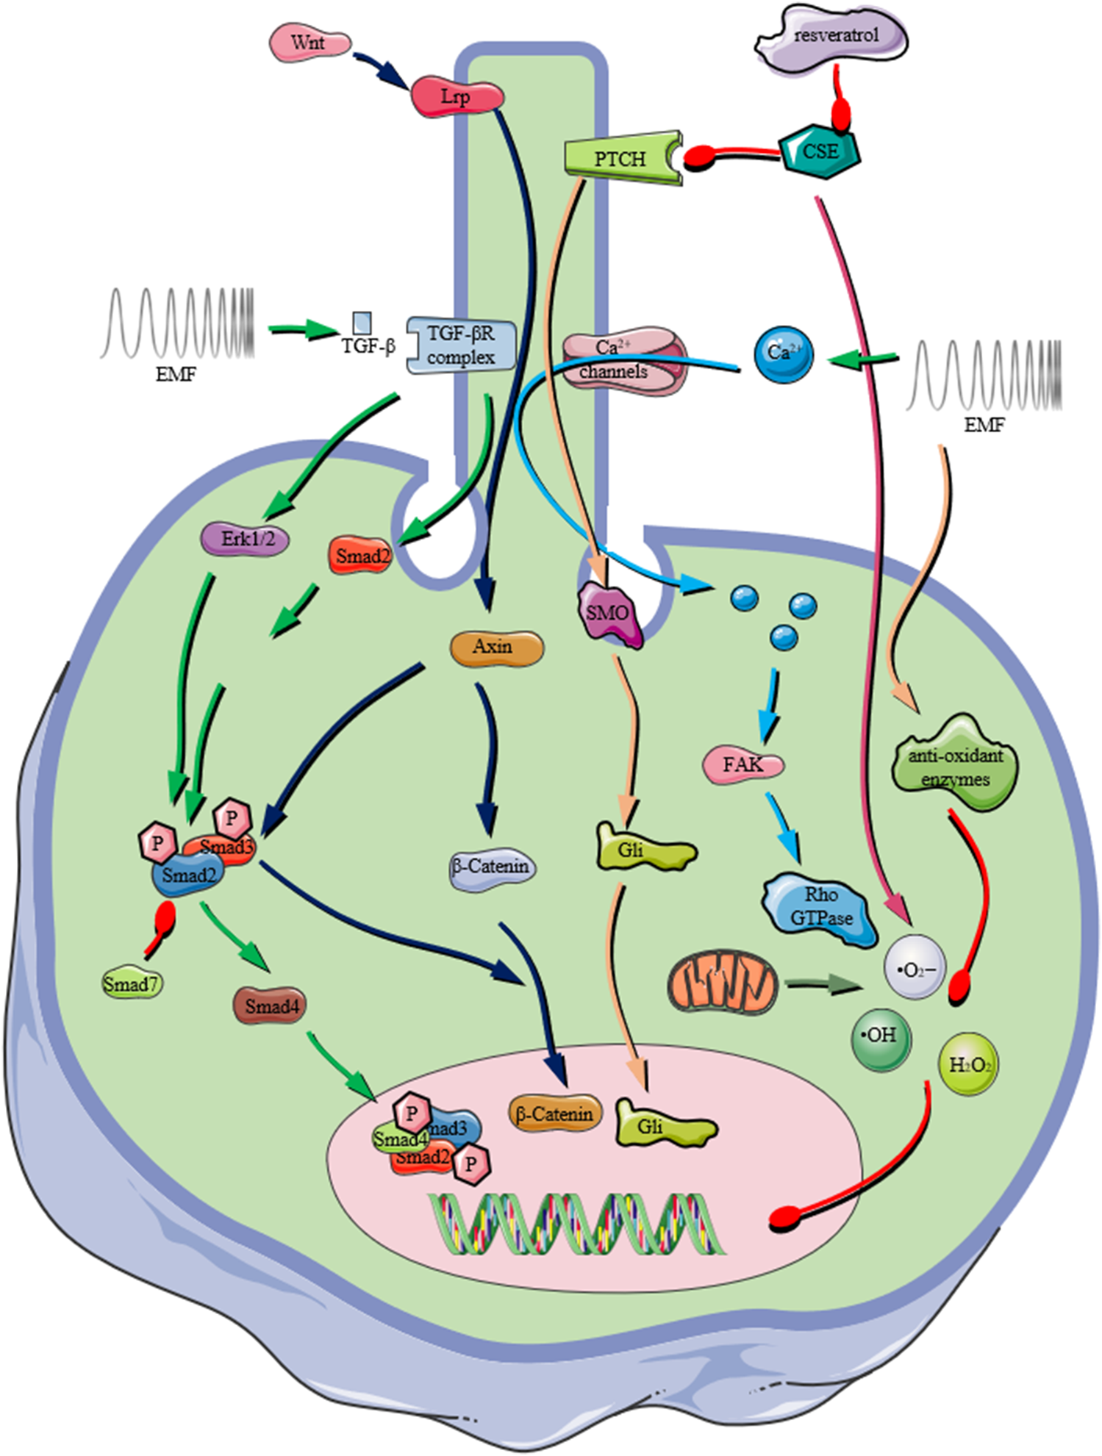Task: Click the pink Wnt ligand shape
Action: [x=310, y=43]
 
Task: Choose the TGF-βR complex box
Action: [x=461, y=345]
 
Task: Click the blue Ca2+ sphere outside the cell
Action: [x=784, y=354]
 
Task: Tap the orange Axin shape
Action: [x=496, y=648]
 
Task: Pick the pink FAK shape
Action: [x=743, y=765]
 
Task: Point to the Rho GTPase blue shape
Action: [x=820, y=907]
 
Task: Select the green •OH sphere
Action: [x=881, y=1036]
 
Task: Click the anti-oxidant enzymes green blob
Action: [x=954, y=766]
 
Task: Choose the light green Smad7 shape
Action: [x=132, y=984]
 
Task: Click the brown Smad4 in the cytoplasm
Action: [x=271, y=1006]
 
